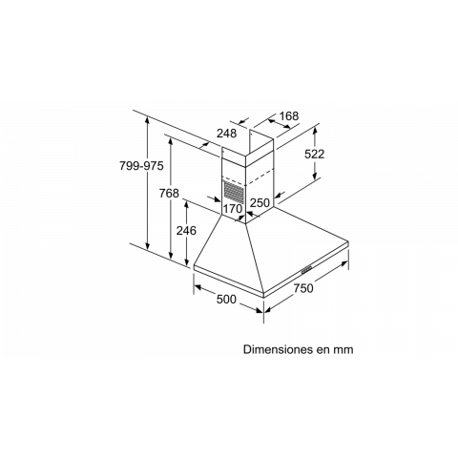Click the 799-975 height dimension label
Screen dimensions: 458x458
tap(141, 166)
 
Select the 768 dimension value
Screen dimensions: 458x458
tap(169, 193)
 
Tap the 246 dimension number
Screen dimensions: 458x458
tap(186, 231)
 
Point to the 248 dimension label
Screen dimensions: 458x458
tap(227, 134)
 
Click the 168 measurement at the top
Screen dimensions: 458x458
tap(289, 116)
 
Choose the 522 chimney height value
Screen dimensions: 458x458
tap(315, 154)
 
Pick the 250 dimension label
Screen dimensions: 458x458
tap(260, 202)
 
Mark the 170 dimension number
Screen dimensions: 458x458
tap(233, 209)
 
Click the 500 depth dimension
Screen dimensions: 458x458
tap(226, 300)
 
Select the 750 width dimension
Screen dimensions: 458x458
tap(303, 288)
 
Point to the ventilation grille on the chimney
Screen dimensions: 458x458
tap(234, 192)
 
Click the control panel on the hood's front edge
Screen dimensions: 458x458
tap(307, 270)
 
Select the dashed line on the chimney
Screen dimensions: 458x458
tap(247, 178)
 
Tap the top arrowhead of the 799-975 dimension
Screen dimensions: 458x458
tap(147, 120)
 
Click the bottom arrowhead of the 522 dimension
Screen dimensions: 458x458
tap(315, 177)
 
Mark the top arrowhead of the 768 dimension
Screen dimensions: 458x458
tap(171, 141)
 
